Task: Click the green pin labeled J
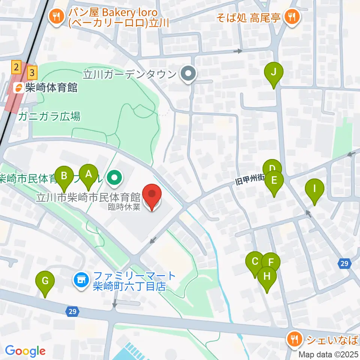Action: pyautogui.click(x=273, y=72)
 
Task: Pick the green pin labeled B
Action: pyautogui.click(x=64, y=175)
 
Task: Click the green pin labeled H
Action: pyautogui.click(x=267, y=277)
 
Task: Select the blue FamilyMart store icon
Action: pyautogui.click(x=81, y=280)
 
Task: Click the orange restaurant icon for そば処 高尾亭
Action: pyautogui.click(x=291, y=16)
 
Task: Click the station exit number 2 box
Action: pyautogui.click(x=16, y=67)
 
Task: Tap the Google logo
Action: pyautogui.click(x=25, y=351)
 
